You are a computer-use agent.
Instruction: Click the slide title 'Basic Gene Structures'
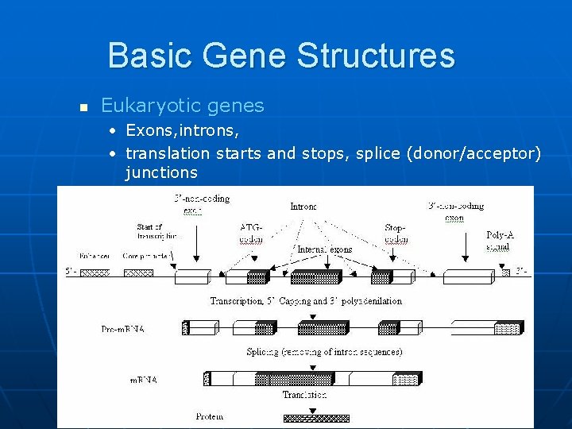281,56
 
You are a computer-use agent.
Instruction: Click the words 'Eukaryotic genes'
182,106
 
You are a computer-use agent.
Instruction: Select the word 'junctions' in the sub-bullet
161,172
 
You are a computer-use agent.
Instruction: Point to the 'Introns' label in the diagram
303,207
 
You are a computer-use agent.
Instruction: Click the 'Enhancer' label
95,257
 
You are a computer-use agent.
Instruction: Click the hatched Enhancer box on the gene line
95,273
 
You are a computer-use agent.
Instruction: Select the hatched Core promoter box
138,273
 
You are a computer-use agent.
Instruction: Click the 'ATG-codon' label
251,233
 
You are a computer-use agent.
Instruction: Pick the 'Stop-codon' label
396,233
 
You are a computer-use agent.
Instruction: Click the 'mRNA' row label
144,380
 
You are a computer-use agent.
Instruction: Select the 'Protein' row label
210,415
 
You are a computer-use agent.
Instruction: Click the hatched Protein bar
316,417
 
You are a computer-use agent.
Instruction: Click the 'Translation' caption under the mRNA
304,394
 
